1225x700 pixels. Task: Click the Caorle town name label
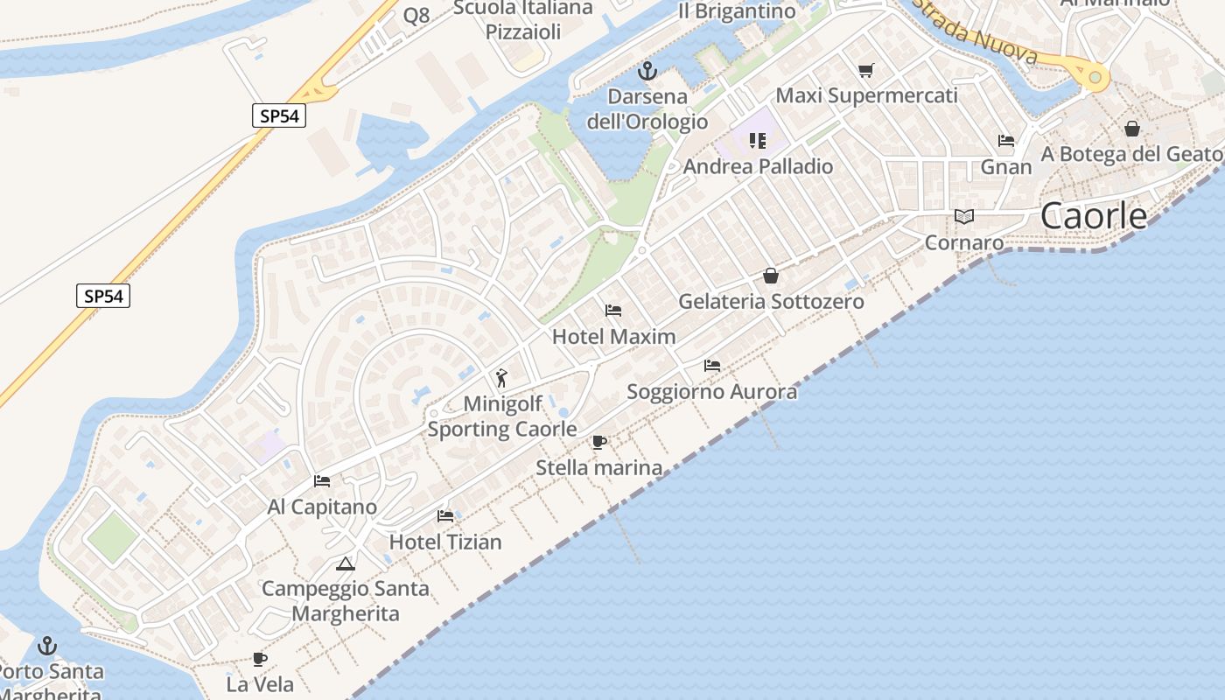[x=1094, y=215]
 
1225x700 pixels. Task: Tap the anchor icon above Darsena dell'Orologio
[x=647, y=71]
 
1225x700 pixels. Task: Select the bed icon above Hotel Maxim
[x=613, y=311]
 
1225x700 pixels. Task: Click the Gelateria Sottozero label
[x=771, y=302]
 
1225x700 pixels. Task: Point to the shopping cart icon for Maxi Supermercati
[x=865, y=70]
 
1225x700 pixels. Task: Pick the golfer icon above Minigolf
[x=501, y=378]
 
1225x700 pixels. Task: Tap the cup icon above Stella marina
[x=599, y=442]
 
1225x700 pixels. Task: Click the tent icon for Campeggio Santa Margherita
[x=346, y=563]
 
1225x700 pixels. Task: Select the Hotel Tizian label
[x=445, y=542]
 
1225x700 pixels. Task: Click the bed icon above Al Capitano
[x=322, y=481]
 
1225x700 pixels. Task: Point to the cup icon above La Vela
[x=259, y=659]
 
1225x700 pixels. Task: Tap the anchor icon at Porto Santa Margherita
[x=47, y=647]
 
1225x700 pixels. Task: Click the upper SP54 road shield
[x=279, y=115]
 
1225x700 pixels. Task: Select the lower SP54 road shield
[x=103, y=296]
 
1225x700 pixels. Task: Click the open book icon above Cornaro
[x=964, y=216]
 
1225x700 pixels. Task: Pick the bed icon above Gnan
[x=1006, y=140]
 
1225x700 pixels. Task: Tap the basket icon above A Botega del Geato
[x=1132, y=129]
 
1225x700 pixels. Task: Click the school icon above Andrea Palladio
[x=758, y=140]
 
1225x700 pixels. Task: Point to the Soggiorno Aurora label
[x=712, y=391]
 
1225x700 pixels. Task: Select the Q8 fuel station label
[x=416, y=15]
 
